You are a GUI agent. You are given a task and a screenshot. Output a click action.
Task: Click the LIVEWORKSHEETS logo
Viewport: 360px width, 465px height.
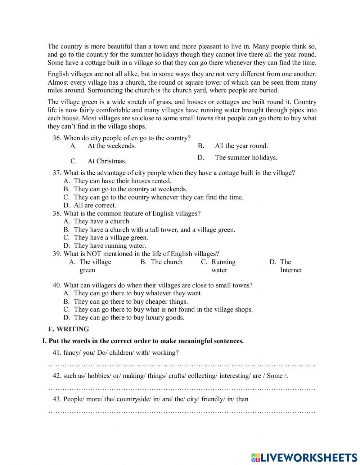point(304,457)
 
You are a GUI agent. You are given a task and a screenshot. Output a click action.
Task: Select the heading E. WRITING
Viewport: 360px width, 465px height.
point(68,329)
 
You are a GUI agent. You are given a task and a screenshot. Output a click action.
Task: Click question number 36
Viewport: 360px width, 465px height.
point(57,138)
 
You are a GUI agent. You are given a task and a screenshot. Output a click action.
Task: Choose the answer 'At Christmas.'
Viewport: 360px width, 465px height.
point(107,161)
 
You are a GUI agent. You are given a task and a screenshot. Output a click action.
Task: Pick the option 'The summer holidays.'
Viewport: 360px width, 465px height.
point(246,157)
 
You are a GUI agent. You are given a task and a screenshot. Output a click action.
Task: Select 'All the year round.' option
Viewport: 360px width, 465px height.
point(241,146)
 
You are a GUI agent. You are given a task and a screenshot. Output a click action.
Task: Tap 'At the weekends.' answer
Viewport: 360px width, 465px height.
point(112,146)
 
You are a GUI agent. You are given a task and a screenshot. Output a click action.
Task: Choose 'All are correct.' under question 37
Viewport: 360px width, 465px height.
point(95,205)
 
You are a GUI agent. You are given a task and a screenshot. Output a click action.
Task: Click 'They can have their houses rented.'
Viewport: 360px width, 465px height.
point(122,181)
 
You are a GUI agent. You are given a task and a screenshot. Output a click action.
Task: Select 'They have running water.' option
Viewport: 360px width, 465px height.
point(110,246)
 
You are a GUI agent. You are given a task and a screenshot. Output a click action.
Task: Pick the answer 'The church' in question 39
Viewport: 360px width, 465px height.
point(167,262)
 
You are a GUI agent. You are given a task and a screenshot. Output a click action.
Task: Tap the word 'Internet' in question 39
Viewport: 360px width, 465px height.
point(291,270)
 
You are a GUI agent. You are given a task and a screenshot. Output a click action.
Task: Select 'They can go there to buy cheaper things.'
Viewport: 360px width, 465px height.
point(131,301)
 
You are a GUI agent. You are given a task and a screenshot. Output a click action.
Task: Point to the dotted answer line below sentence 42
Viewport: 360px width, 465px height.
point(182,389)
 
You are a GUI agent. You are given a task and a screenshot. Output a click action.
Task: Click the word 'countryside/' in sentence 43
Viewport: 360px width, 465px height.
point(134,399)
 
